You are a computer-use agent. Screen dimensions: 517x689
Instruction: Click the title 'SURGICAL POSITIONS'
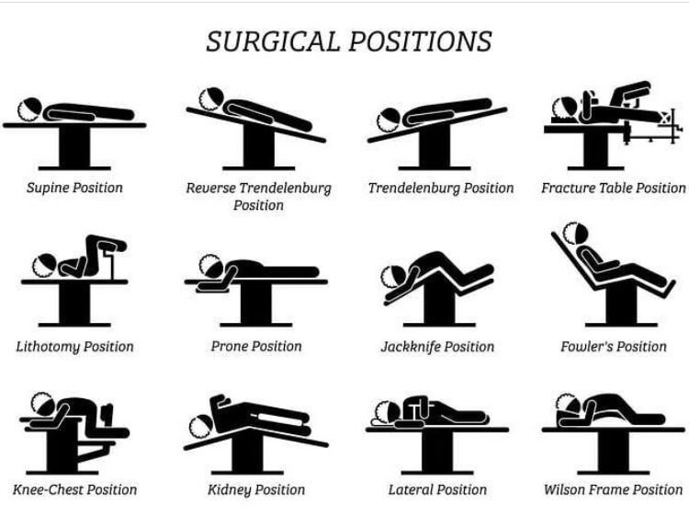tap(348, 41)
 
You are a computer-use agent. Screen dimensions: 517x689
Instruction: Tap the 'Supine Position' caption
tap(74, 188)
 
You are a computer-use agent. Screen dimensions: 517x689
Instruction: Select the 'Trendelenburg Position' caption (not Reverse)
tap(441, 188)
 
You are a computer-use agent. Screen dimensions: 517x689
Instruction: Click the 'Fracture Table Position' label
tap(613, 188)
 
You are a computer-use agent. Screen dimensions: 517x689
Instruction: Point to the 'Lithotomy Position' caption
tap(74, 347)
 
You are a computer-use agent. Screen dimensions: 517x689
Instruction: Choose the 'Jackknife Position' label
tap(437, 347)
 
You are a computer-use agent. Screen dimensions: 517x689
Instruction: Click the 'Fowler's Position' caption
tap(613, 347)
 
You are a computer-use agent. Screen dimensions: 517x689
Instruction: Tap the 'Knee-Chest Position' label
tap(74, 489)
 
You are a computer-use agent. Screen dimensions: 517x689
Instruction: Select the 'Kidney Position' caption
tap(256, 489)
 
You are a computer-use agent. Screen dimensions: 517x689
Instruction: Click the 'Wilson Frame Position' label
tap(613, 489)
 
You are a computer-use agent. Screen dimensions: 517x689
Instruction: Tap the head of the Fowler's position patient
tap(577, 233)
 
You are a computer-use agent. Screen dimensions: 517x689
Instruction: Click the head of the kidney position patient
tap(202, 425)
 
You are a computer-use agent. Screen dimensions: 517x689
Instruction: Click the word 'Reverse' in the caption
tap(210, 188)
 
